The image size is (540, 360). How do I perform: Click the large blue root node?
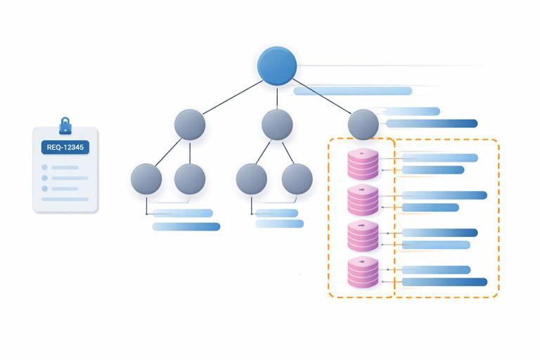277,66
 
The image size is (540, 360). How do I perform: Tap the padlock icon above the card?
65,126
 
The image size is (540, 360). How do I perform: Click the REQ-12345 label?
65,148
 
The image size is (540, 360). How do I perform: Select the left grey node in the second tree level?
190,125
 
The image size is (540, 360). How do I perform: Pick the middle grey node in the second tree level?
277,125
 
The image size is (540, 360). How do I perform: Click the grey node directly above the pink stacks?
363,124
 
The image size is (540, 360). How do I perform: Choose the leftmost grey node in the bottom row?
146,179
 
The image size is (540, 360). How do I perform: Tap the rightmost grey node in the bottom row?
297,179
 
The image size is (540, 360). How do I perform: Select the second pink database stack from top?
363,200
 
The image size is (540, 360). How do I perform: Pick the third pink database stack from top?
363,236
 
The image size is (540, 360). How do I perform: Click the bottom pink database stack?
363,273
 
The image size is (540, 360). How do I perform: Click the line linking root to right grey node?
321,96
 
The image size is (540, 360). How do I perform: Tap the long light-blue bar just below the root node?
352,91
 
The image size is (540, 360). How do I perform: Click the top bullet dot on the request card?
45,167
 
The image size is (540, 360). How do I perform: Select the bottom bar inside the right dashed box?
444,282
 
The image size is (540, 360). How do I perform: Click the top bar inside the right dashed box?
439,157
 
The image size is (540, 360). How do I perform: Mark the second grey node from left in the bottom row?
190,179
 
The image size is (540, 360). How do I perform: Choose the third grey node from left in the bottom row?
252,179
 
